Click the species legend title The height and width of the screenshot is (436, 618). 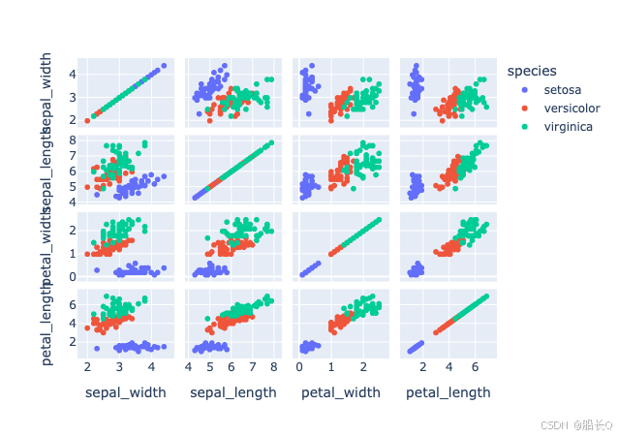pyautogui.click(x=531, y=70)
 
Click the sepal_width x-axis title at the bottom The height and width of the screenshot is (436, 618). pyautogui.click(x=126, y=392)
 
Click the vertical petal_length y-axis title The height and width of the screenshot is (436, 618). pyautogui.click(x=46, y=327)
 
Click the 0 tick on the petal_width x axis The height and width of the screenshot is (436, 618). pyautogui.click(x=300, y=366)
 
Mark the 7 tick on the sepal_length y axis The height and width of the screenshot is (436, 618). pyautogui.click(x=72, y=155)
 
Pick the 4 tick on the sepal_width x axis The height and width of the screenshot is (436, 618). pyautogui.click(x=151, y=366)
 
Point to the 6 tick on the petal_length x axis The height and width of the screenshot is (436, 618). pyautogui.click(x=475, y=366)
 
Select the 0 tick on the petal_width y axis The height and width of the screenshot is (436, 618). pyautogui.click(x=72, y=276)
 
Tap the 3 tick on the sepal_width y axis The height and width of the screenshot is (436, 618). pyautogui.click(x=72, y=97)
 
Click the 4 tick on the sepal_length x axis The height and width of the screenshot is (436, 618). pyautogui.click(x=189, y=366)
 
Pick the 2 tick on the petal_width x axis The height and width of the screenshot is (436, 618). pyautogui.click(x=362, y=366)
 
